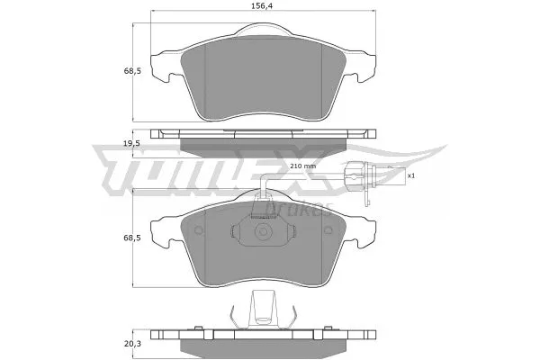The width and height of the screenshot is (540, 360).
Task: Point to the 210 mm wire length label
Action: coord(303,166)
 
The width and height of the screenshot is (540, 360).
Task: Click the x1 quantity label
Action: coord(410,175)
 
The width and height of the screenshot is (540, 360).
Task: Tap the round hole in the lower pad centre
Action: coord(265,231)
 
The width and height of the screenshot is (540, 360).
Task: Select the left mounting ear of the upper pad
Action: coord(160,66)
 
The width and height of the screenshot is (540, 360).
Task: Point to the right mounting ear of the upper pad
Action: coord(367,66)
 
